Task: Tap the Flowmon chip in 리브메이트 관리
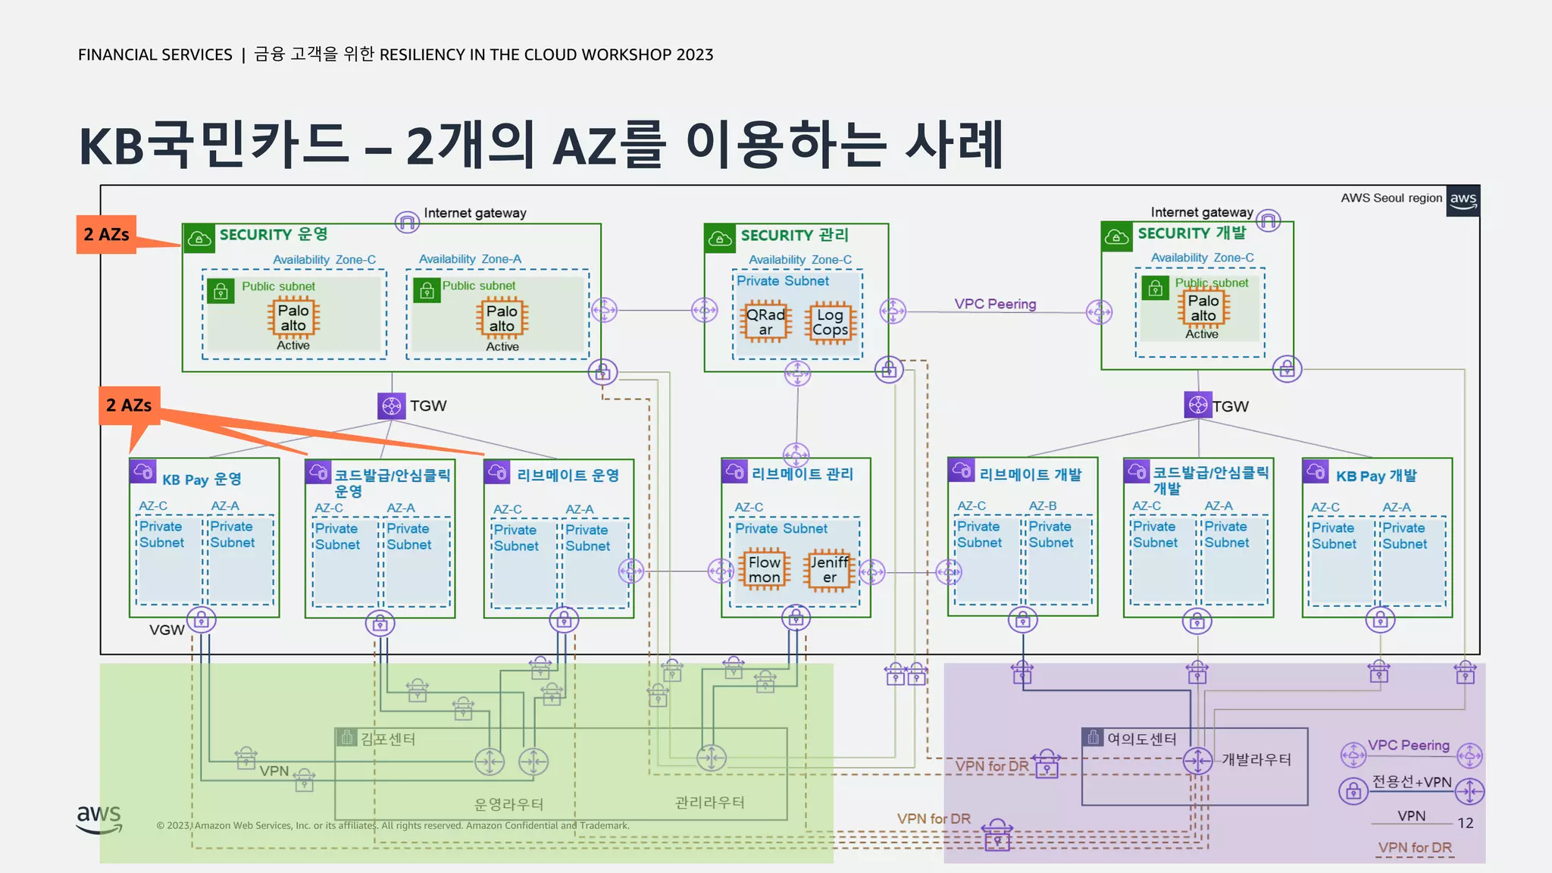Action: click(764, 570)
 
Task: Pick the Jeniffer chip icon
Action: click(829, 570)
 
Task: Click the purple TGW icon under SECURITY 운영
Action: click(391, 405)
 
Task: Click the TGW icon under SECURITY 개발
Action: click(1197, 405)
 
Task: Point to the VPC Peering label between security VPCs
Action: click(995, 304)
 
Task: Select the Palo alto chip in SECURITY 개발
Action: click(1203, 308)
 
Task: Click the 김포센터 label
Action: click(387, 738)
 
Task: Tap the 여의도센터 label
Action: click(1141, 738)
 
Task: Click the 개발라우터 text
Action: click(1256, 759)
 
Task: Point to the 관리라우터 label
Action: click(709, 803)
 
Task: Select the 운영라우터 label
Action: click(508, 804)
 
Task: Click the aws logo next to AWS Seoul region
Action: click(1463, 200)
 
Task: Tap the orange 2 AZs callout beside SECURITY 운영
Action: click(106, 234)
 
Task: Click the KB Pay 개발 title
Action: click(1376, 476)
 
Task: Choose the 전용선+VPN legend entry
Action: click(1412, 782)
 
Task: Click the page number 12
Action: click(1465, 823)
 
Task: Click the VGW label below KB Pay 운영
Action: click(167, 630)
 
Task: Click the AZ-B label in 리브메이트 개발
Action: click(1042, 505)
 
